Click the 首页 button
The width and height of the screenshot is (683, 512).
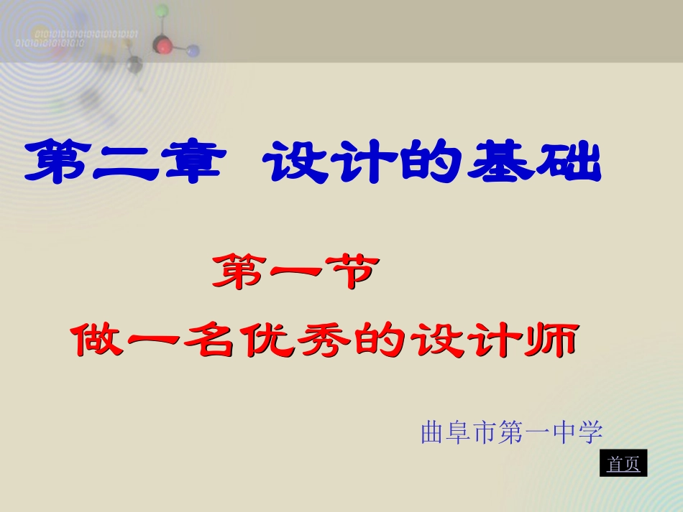click(x=623, y=464)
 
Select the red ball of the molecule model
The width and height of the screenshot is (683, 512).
click(x=165, y=47)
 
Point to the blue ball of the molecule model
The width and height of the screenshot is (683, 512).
click(x=192, y=51)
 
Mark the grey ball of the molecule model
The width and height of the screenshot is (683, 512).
click(x=134, y=67)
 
